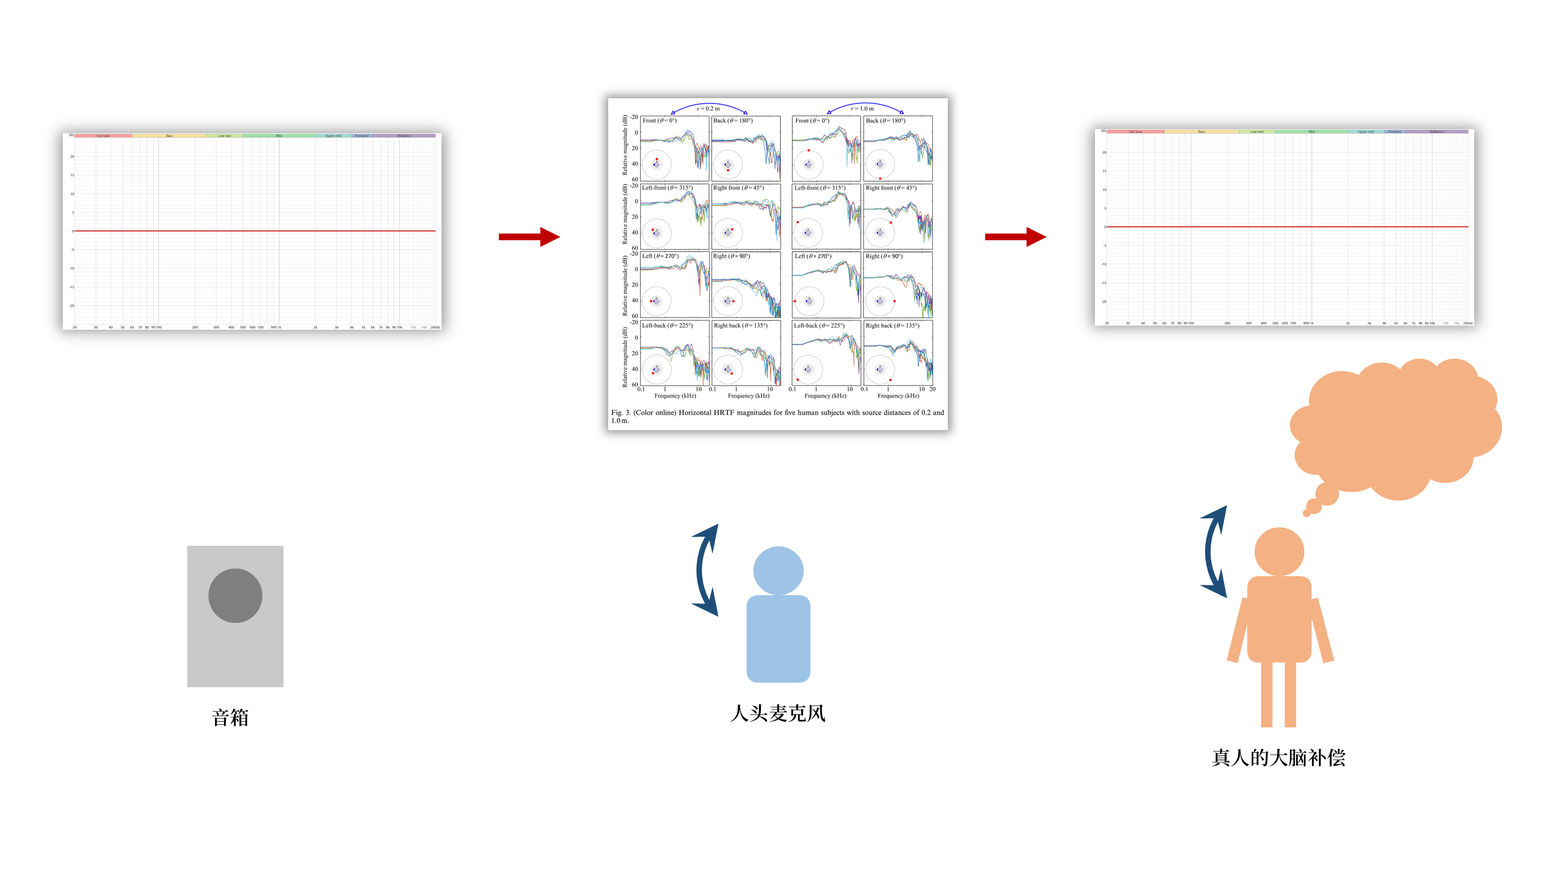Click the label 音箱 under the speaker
click(230, 718)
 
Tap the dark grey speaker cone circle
click(235, 595)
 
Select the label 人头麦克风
click(777, 713)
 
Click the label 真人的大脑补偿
click(1278, 758)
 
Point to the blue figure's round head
click(778, 570)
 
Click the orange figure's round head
click(1279, 551)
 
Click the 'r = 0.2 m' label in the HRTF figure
click(708, 109)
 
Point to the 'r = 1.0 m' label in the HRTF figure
click(862, 109)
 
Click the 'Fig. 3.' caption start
click(621, 413)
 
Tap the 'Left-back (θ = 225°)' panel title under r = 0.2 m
click(667, 326)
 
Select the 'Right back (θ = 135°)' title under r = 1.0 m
click(892, 326)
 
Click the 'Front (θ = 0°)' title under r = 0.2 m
click(660, 121)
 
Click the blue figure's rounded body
click(778, 638)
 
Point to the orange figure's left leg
click(1267, 694)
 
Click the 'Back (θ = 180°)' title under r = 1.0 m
click(886, 121)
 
